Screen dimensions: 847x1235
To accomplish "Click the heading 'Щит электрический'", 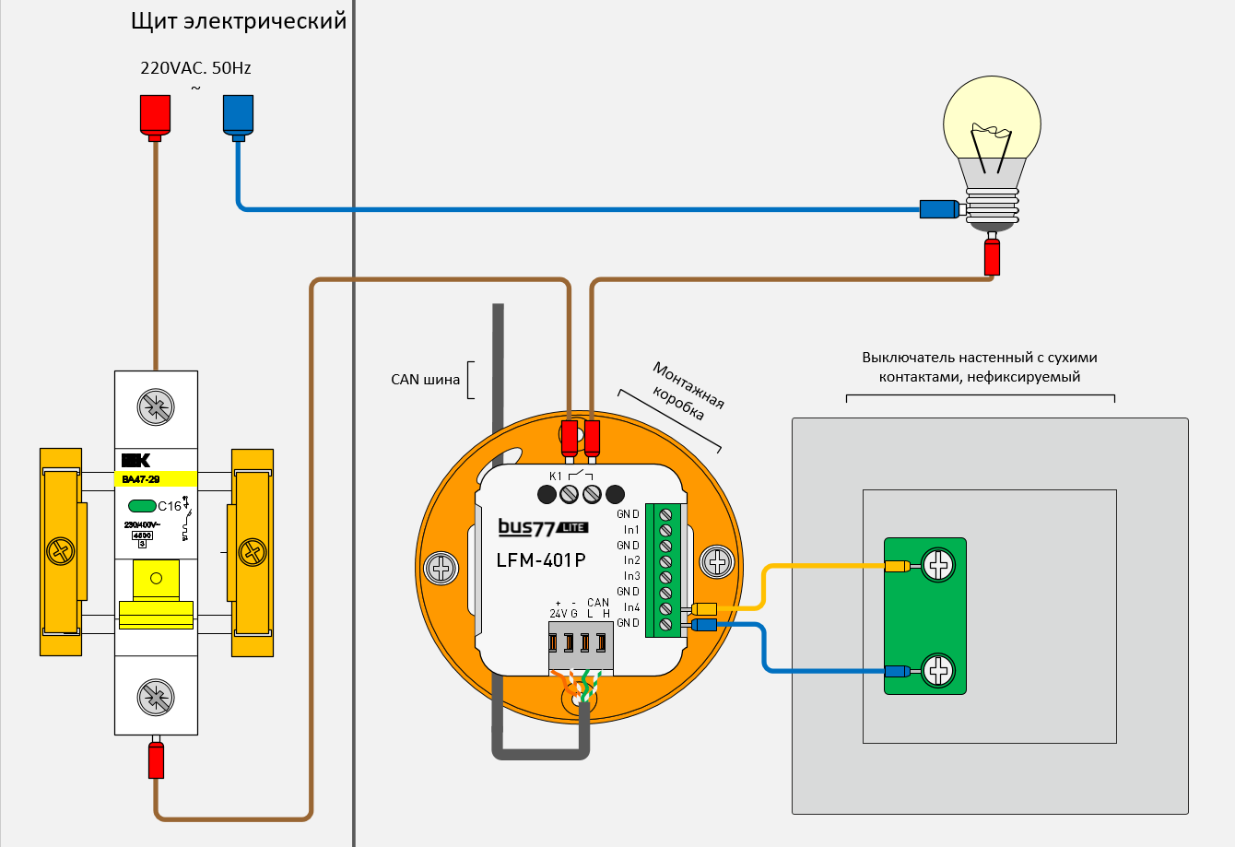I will pyautogui.click(x=239, y=21).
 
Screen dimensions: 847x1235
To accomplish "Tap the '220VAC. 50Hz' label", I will pyautogui.click(x=195, y=68).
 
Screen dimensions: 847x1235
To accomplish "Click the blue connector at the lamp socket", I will pyautogui.click(x=940, y=209).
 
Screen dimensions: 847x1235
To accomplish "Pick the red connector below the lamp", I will pyautogui.click(x=992, y=256).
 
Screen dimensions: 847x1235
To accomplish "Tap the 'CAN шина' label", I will pyautogui.click(x=425, y=380).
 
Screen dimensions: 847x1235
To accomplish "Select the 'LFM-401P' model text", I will pyautogui.click(x=541, y=559).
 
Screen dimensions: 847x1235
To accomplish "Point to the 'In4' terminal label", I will pyautogui.click(x=631, y=607).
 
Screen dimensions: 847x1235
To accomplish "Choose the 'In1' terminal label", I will pyautogui.click(x=631, y=530).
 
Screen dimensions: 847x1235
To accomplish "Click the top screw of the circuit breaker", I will pyautogui.click(x=156, y=406).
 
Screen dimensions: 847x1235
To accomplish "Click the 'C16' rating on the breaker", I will pyautogui.click(x=170, y=506).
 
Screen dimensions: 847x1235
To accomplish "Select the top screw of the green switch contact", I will pyautogui.click(x=938, y=565).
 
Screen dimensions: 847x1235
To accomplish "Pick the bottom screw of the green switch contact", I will pyautogui.click(x=938, y=669).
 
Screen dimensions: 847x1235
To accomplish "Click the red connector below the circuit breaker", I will pyautogui.click(x=156, y=759).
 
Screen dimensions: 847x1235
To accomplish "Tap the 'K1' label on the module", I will pyautogui.click(x=555, y=476).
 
